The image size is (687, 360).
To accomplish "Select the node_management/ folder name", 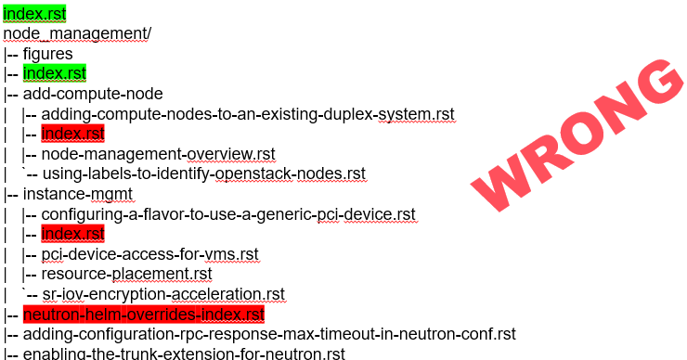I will (77, 34).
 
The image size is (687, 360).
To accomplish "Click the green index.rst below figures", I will (55, 73).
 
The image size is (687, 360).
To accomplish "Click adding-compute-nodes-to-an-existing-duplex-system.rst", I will (248, 114).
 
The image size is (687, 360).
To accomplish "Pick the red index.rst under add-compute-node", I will (73, 134).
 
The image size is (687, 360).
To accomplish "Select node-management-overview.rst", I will (158, 154).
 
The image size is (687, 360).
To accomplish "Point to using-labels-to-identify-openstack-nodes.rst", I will (203, 174).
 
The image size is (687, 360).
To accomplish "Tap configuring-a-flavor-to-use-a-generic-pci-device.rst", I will (228, 214).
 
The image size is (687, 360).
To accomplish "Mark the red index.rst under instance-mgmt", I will (73, 234).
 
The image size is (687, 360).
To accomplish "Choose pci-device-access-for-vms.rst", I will (149, 254).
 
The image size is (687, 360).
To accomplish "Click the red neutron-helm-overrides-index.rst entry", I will (144, 314).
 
